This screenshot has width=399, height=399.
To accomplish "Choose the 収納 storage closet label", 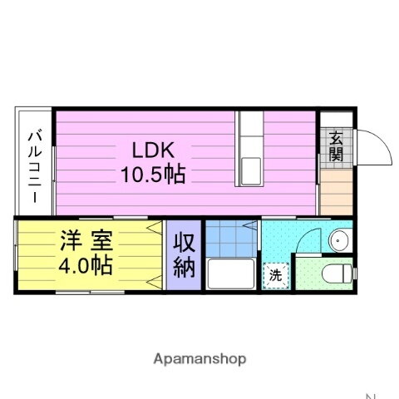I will pyautogui.click(x=183, y=254).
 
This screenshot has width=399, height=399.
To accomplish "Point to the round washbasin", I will pyautogui.click(x=338, y=241).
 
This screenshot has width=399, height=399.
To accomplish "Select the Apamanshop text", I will pyautogui.click(x=199, y=359).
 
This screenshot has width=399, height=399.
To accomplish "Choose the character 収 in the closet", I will pyautogui.click(x=183, y=243).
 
